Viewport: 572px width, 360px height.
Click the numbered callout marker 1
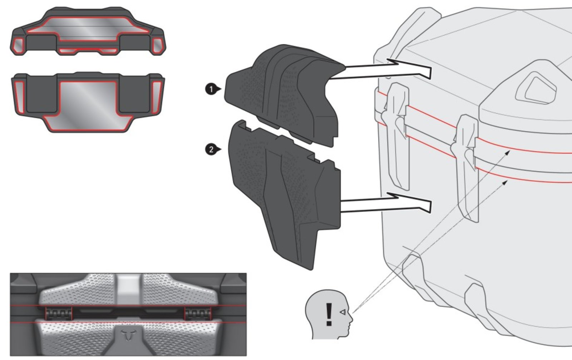pyautogui.click(x=212, y=89)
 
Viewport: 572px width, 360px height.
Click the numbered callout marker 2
pyautogui.click(x=212, y=150)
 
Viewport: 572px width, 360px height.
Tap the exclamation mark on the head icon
pyautogui.click(x=329, y=315)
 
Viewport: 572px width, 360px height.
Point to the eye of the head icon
pyautogui.click(x=342, y=312)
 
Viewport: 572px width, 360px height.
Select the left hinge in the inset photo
pyautogui.click(x=59, y=313)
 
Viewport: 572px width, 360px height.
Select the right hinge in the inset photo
pyautogui.click(x=198, y=313)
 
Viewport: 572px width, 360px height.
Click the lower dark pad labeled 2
pyautogui.click(x=283, y=192)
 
